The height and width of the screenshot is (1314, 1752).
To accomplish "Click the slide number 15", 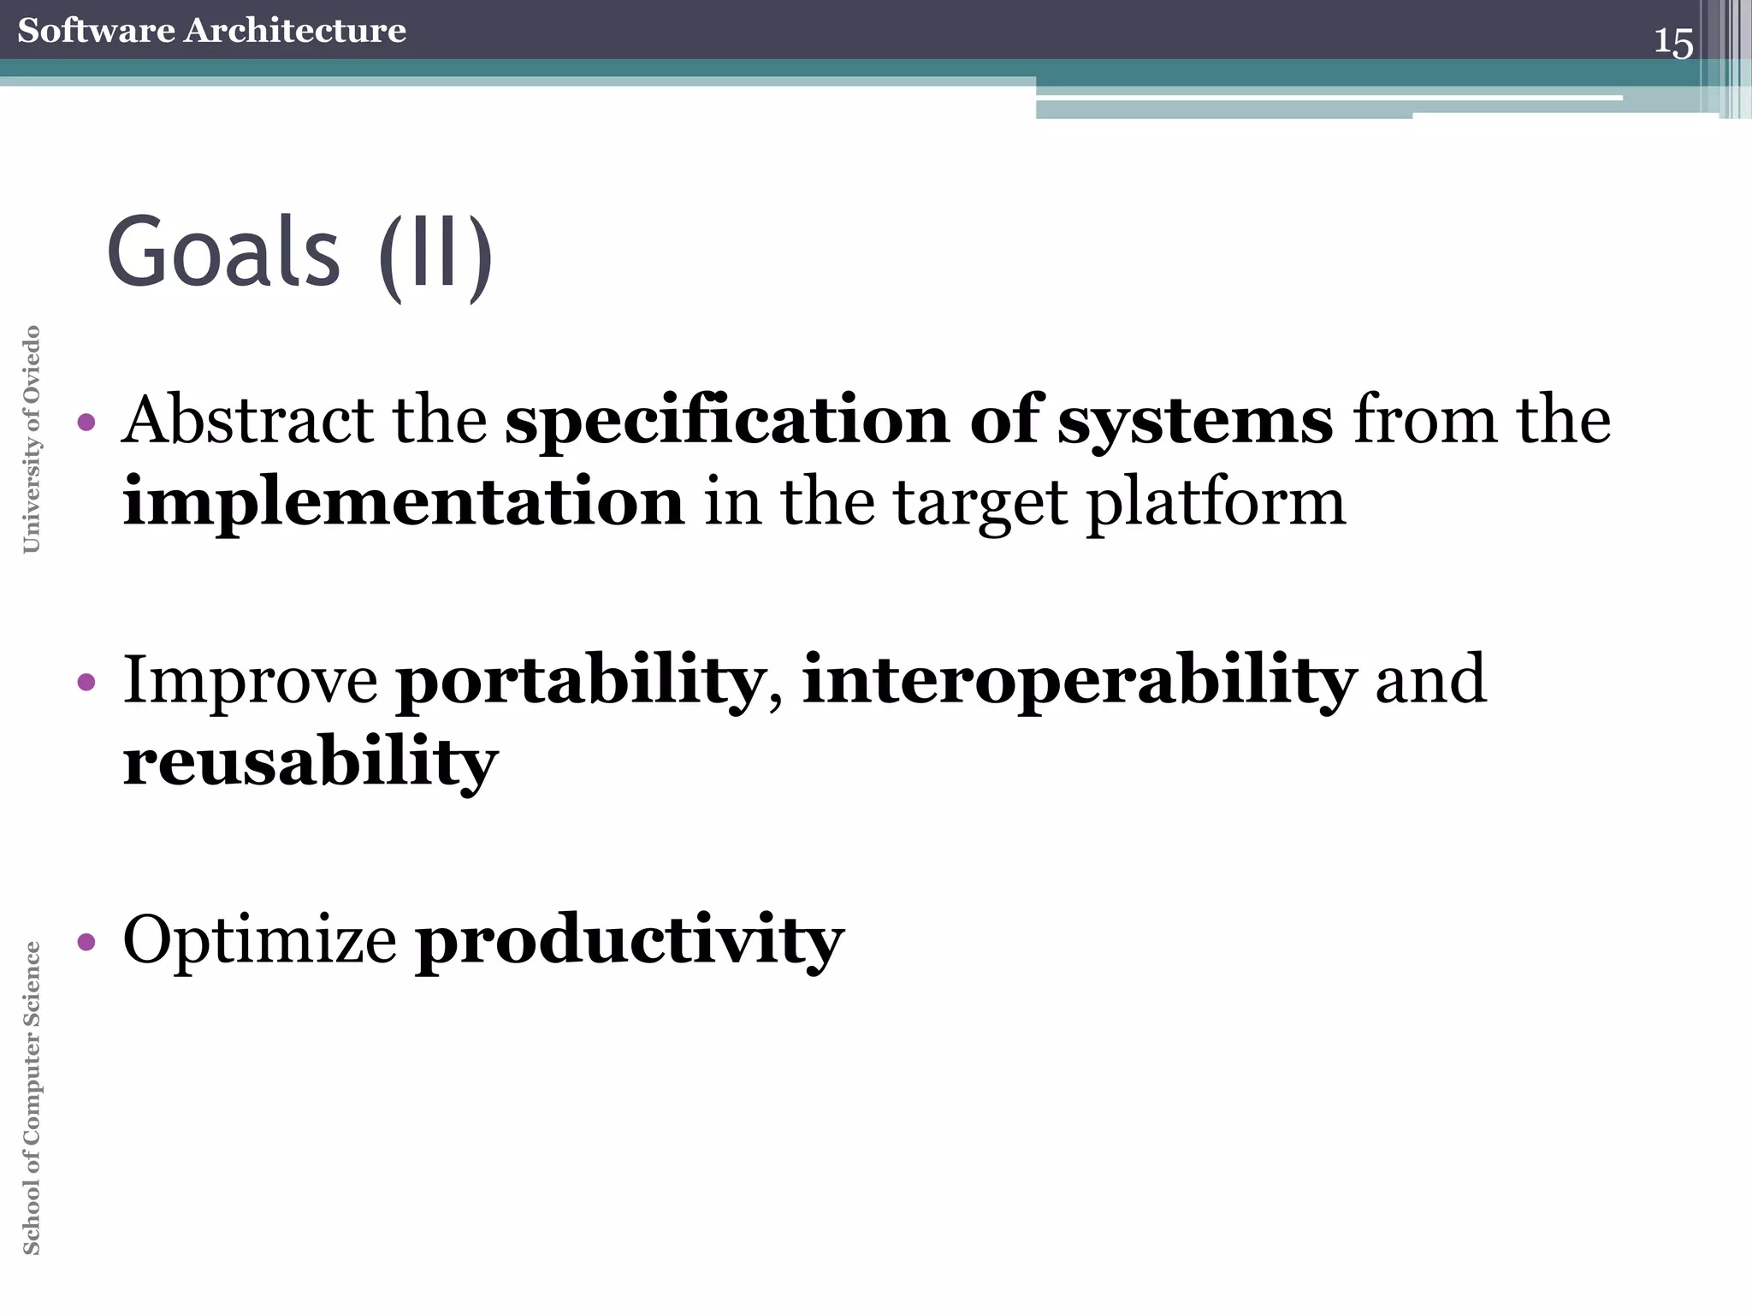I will pyautogui.click(x=1672, y=42).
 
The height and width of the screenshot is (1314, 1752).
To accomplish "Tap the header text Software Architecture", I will pyautogui.click(x=211, y=31).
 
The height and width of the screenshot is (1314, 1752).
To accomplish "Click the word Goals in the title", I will pyautogui.click(x=223, y=252).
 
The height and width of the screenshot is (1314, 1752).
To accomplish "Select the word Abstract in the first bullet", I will pyautogui.click(x=247, y=420).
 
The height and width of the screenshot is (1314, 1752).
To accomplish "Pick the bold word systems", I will pyautogui.click(x=1194, y=422).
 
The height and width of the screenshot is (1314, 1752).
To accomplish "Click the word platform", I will pyautogui.click(x=1216, y=504).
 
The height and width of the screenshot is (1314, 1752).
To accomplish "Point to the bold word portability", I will pyautogui.click(x=579, y=682).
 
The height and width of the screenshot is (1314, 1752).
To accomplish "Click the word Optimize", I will pyautogui.click(x=259, y=940).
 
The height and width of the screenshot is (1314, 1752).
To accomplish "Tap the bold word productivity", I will pyautogui.click(x=629, y=942).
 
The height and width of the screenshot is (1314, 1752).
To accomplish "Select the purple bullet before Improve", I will pyautogui.click(x=86, y=682).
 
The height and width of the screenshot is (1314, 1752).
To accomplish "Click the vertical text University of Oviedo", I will pyautogui.click(x=32, y=440).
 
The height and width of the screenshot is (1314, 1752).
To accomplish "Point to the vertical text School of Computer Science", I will pyautogui.click(x=32, y=1098).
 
